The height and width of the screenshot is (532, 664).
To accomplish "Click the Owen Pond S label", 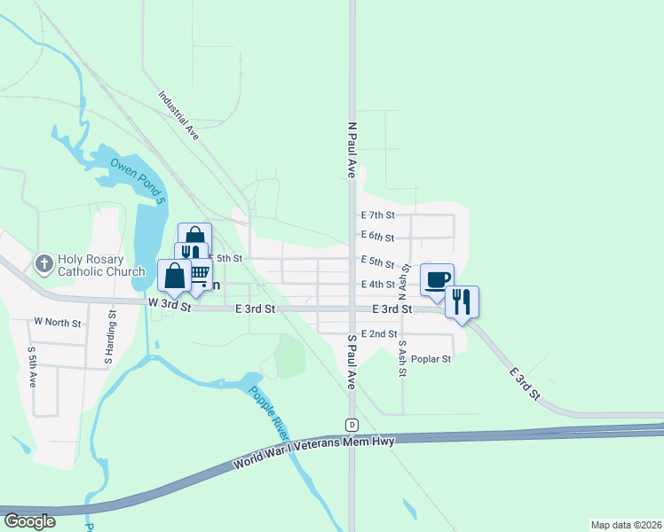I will pos(138,180).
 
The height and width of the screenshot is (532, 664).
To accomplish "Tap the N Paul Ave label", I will pos(352,151).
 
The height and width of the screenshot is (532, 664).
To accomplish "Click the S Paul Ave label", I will pos(352,362).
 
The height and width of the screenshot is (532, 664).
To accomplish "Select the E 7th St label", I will pos(377,215).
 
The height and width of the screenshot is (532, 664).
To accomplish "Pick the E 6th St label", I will pos(377,237).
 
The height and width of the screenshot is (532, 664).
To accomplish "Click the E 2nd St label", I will pos(379,333).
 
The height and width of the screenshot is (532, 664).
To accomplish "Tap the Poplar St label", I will pos(431,359).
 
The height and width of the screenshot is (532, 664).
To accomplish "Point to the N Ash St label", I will pos(403,280).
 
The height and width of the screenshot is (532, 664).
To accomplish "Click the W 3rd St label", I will pos(170,304).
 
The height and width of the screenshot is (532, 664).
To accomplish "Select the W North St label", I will pos(57,321).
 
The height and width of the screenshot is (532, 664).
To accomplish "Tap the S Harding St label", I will pos(111,338).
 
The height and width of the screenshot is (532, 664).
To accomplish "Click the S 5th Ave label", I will pos(32,365).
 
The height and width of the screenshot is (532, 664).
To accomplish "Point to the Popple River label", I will pos(269,413).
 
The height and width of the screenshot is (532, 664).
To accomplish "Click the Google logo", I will pos(29,521).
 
